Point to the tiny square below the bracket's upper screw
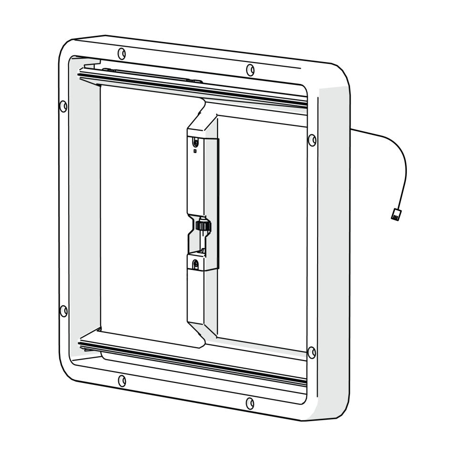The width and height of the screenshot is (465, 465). pyautogui.click(x=195, y=151)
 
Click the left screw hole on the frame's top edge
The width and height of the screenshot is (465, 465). pyautogui.click(x=122, y=52)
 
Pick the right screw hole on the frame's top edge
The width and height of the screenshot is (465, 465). pyautogui.click(x=250, y=70)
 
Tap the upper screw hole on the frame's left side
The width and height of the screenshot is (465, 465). pyautogui.click(x=63, y=106)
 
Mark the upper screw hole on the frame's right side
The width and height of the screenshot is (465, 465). pyautogui.click(x=312, y=140)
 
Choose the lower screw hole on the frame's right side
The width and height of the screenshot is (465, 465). pyautogui.click(x=312, y=352)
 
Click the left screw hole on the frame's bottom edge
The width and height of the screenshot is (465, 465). pyautogui.click(x=122, y=380)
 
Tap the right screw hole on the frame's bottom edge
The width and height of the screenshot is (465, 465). pyautogui.click(x=250, y=403)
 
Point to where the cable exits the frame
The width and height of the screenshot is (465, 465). pyautogui.click(x=352, y=129)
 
